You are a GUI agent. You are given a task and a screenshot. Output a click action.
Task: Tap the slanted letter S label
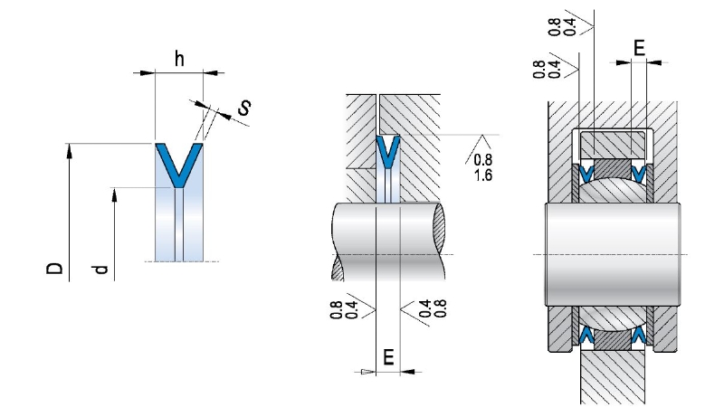[243, 109]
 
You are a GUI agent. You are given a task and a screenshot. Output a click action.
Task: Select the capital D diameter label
[55, 268]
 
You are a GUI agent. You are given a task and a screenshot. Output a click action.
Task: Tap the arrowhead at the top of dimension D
[69, 149]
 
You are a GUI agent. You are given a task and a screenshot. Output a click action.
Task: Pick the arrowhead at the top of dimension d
[115, 194]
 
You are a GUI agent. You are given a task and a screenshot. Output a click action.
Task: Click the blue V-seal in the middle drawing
[388, 152]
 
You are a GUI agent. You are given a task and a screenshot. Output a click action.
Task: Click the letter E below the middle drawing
[388, 357]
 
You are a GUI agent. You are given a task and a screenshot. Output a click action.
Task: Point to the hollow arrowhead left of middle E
[366, 371]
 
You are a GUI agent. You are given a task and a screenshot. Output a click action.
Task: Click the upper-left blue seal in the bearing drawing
[586, 173]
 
